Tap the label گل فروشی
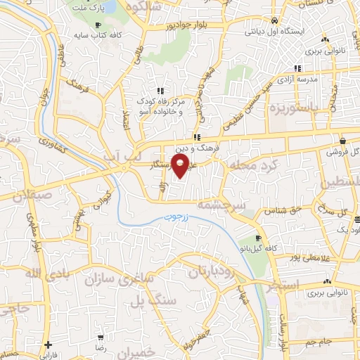(345, 151)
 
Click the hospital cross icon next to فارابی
(48, 345)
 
